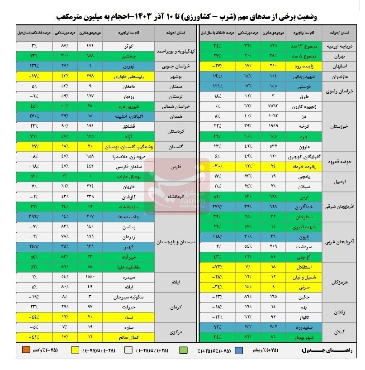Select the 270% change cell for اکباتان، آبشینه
(x=34, y=115)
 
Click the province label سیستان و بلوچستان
(x=174, y=242)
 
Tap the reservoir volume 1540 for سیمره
(x=90, y=277)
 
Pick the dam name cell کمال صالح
(x=128, y=336)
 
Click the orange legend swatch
(x=25, y=350)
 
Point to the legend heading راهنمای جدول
(x=323, y=350)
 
